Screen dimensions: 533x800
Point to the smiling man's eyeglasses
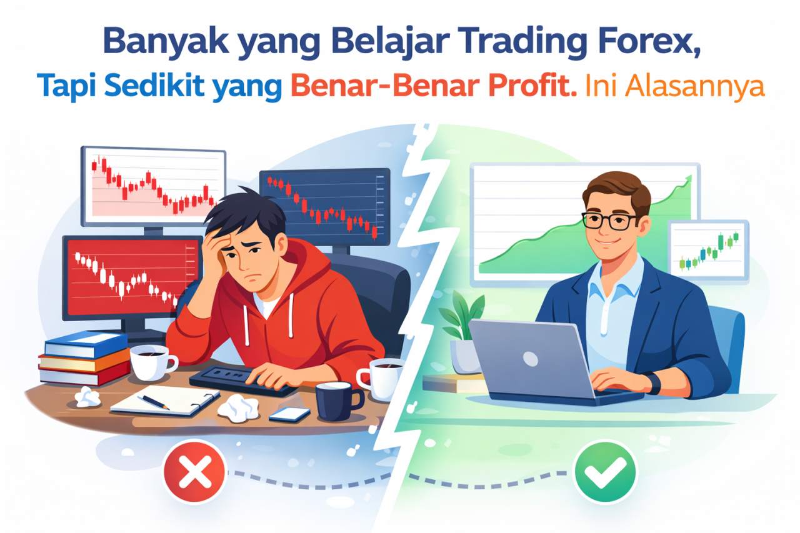(x=611, y=220)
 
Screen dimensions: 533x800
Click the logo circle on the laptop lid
(x=529, y=359)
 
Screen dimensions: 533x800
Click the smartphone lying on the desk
(x=289, y=414)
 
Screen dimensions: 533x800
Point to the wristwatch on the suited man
(x=653, y=382)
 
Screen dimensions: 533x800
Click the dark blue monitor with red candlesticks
(x=324, y=206)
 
